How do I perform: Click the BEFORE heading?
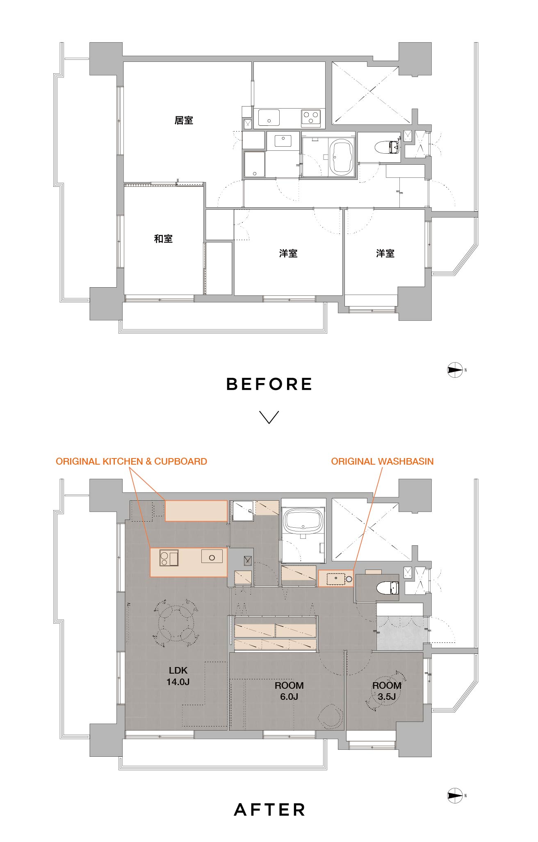coord(269,384)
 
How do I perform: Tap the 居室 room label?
coord(184,120)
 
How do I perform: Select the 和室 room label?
coord(163,239)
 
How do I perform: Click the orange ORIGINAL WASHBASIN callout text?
coord(382,461)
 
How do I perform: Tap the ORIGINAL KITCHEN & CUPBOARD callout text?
coord(131,461)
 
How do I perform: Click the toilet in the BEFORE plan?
coord(388,147)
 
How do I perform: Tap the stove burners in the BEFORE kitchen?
coord(311,117)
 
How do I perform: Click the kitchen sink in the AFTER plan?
coord(212,556)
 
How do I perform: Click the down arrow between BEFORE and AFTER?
coord(269,417)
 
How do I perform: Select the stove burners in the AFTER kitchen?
coord(169,557)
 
